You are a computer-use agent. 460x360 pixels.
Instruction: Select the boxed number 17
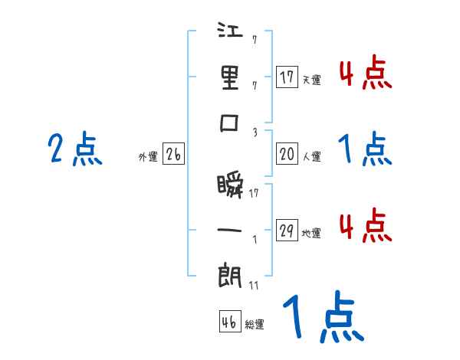tap(287, 77)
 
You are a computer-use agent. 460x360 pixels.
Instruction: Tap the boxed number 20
tap(287, 154)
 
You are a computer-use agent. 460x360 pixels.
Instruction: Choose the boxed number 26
tap(173, 154)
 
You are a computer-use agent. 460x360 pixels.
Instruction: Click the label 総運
tap(254, 325)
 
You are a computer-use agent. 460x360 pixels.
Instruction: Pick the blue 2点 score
tap(74, 149)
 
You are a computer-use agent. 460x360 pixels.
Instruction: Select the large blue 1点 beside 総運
tap(321, 318)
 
